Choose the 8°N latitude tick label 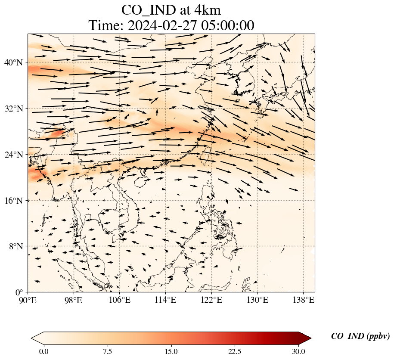pos(15,246)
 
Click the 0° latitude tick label pos(19,292)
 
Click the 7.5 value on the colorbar pos(108,351)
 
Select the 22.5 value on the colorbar pos(235,351)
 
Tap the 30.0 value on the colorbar pos(298,351)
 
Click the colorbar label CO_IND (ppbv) pos(360,336)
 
